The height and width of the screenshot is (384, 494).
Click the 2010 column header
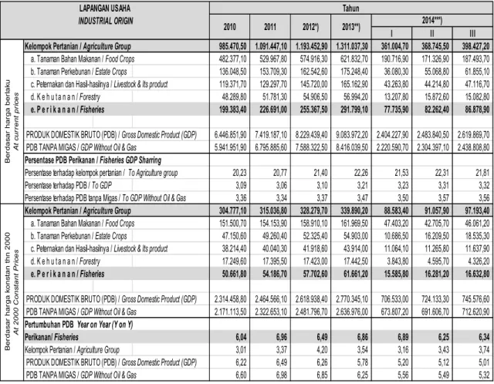(x=229, y=27)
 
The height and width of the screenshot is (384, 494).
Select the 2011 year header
(x=269, y=27)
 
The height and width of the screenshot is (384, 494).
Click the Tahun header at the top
(x=350, y=8)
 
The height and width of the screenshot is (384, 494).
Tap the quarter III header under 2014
(x=472, y=33)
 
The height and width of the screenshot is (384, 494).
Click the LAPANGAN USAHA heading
(x=105, y=8)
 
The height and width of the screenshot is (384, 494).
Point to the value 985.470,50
(x=232, y=46)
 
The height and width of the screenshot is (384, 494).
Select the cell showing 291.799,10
(x=354, y=109)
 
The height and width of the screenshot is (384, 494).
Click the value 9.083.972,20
(x=352, y=135)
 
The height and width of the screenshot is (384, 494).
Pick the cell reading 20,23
(x=240, y=173)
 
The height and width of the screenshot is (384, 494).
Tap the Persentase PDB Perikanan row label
(x=93, y=160)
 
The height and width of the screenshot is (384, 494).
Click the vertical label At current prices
(x=16, y=122)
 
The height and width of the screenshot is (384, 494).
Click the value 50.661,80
(x=234, y=274)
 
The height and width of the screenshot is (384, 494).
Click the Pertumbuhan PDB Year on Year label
(x=79, y=325)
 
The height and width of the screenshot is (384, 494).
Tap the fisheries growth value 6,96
(x=281, y=337)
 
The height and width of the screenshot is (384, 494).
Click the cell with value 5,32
(x=484, y=376)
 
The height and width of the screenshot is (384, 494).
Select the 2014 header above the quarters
(x=432, y=21)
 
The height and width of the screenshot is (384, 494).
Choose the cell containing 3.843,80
(x=396, y=261)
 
